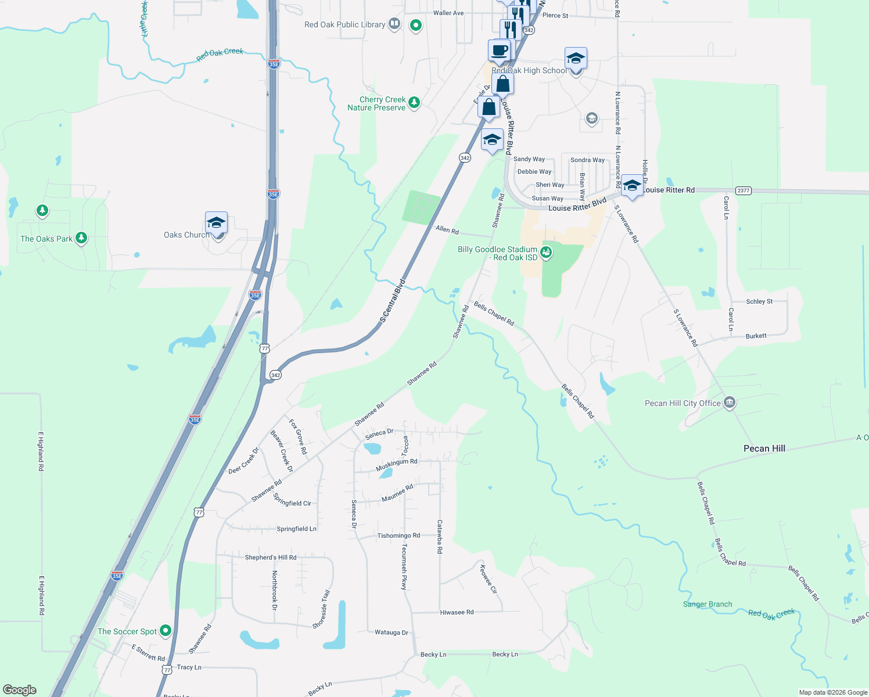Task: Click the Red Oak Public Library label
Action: coord(344,24)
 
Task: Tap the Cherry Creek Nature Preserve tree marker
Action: coord(414,103)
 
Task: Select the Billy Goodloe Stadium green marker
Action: coord(545,252)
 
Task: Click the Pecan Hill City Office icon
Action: coord(730,403)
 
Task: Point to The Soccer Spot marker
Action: coord(166,631)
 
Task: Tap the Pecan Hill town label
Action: coord(764,448)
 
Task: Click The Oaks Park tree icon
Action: coord(81,238)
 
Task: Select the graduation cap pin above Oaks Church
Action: coord(216,223)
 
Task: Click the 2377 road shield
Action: coord(743,191)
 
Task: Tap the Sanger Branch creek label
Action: coord(708,604)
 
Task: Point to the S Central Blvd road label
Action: coord(392,301)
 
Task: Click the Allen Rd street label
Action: coord(447,230)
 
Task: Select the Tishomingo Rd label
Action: coord(398,536)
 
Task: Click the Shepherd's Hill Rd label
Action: coord(271,558)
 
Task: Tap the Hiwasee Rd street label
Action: coord(457,612)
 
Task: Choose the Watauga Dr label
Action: coord(392,633)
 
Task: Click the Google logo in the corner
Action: coord(20,690)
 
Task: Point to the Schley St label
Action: coord(759,301)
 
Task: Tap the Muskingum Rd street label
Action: coord(396,465)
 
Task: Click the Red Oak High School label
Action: coord(529,71)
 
